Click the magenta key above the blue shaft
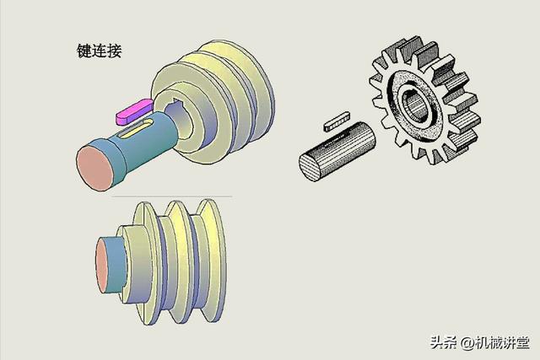click(134, 111)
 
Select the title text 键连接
click(100, 51)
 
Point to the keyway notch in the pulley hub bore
click(177, 102)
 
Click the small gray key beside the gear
click(337, 121)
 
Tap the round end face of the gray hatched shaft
click(310, 167)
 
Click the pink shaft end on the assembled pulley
click(102, 266)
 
